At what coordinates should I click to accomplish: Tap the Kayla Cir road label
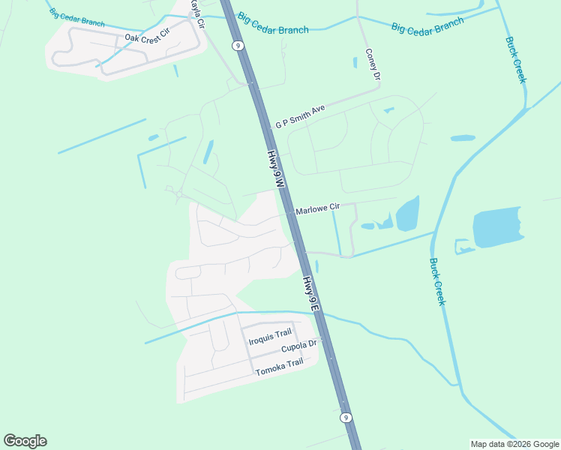tap(197, 13)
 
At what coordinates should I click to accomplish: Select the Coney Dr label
tap(373, 64)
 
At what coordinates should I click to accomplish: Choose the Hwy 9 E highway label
tap(311, 294)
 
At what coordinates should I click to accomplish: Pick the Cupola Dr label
tap(300, 346)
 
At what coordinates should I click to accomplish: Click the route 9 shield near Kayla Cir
tap(238, 46)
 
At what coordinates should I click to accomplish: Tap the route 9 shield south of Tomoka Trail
tap(346, 417)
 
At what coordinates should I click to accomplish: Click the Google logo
tap(25, 441)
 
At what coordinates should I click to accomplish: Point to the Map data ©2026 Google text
tap(514, 444)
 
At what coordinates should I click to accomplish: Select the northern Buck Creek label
tap(515, 60)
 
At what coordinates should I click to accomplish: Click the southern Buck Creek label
tap(437, 281)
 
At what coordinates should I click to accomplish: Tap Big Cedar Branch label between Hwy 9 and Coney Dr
tap(273, 24)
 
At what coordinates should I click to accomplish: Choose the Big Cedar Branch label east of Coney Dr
tap(427, 26)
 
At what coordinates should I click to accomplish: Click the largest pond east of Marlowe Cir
tap(407, 215)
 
